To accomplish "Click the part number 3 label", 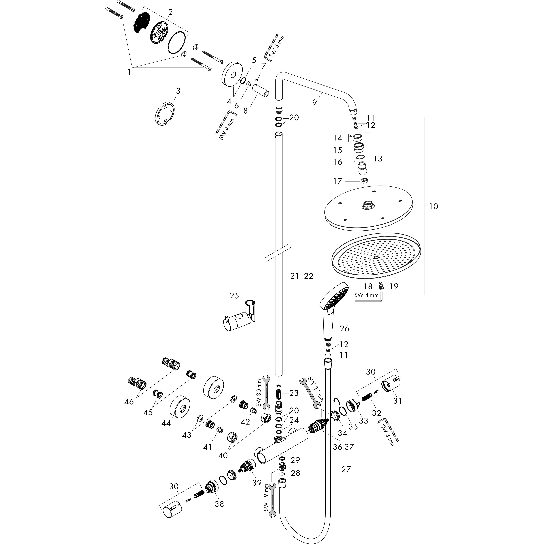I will coord(178,91).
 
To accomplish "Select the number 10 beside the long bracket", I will coord(434,206).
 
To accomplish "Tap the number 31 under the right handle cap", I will coord(398,400).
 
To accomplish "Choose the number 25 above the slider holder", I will coord(234,296).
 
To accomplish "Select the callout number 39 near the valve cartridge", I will coord(257,483).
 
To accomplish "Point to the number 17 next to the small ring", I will coord(338,181).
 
